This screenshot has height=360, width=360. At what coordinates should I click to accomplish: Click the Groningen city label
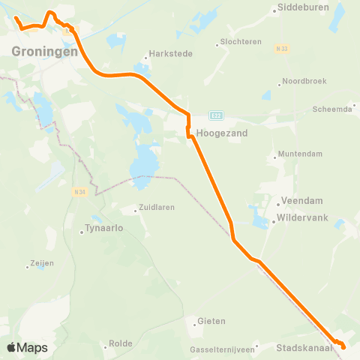pos(45,52)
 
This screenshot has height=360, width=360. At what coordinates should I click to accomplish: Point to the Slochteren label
pos(241,42)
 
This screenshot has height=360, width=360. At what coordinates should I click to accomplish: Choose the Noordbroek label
pos(304,82)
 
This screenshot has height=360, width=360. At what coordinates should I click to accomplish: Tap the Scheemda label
pos(332,109)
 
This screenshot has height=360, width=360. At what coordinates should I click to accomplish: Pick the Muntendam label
pos(301,154)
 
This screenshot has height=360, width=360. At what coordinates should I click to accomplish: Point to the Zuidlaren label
pos(160,209)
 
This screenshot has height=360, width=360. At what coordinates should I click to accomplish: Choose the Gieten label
pos(211,322)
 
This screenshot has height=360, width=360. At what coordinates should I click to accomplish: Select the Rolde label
pos(121,343)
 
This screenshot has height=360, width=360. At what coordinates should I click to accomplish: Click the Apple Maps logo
pos(27,347)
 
